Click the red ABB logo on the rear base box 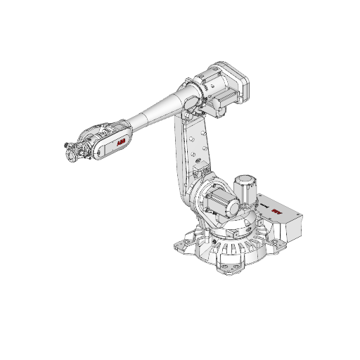pos(276,209)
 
